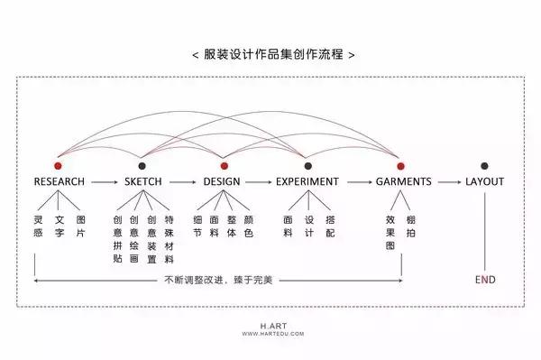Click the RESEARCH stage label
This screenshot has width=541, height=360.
point(60,181)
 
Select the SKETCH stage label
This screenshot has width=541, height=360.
point(142,181)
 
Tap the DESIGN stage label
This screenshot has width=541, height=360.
point(222,181)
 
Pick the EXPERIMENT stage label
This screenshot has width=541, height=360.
point(307,181)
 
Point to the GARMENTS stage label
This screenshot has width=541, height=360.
point(402,181)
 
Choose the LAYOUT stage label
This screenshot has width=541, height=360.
point(484,181)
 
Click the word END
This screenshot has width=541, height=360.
point(484,280)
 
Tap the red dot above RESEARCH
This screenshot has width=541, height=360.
point(59,166)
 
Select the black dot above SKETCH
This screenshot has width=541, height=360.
point(142,166)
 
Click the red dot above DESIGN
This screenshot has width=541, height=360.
point(224,166)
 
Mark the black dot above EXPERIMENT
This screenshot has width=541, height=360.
point(308,166)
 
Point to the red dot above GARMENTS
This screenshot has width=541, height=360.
point(401,166)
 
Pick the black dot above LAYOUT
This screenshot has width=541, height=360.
point(484,166)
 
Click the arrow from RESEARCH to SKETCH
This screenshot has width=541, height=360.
point(104,182)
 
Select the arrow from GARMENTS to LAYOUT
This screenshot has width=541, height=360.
point(448,182)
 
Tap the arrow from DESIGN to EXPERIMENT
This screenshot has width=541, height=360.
point(260,182)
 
